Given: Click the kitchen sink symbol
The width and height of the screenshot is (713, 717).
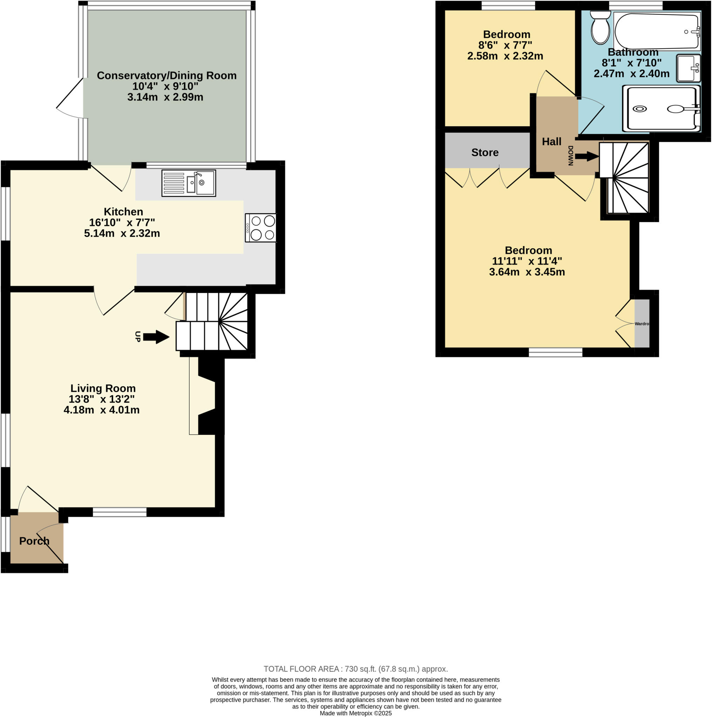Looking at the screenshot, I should coord(188,183).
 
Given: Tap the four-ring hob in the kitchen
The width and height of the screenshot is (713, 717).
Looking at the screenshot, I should coord(260,228).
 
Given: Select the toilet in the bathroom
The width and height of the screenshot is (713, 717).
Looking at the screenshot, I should coord(600,28).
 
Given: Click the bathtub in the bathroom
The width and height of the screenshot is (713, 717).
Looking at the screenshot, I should coord(657,32).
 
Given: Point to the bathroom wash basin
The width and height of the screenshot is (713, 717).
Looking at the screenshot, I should coord(688,68).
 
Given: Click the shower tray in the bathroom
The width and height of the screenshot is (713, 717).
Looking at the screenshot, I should coord(661,109).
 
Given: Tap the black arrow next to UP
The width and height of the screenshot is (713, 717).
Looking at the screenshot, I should coord(156,337).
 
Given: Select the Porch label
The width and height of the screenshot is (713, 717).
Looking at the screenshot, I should coord(34,541).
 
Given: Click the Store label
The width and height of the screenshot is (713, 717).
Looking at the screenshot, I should coord(485,153).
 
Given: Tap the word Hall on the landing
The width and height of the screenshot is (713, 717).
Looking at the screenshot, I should coord(551,141).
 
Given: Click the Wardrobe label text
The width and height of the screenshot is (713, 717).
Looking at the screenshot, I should coord(642,323).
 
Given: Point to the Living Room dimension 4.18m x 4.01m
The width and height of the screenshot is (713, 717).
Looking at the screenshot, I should coord(101,410).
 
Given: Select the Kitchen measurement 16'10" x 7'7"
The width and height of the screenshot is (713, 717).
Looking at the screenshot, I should coord(122,222).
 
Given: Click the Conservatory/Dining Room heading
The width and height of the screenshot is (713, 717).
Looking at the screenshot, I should coord(166,75).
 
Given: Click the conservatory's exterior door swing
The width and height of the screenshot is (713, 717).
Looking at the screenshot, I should coord(70,99).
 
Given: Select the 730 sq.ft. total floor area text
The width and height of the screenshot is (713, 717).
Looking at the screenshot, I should coord(355,669).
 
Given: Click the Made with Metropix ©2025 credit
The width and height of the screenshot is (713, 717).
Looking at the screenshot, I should coord(355,713).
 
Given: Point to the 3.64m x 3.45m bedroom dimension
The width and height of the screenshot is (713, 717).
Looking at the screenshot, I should coord(527,272).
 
